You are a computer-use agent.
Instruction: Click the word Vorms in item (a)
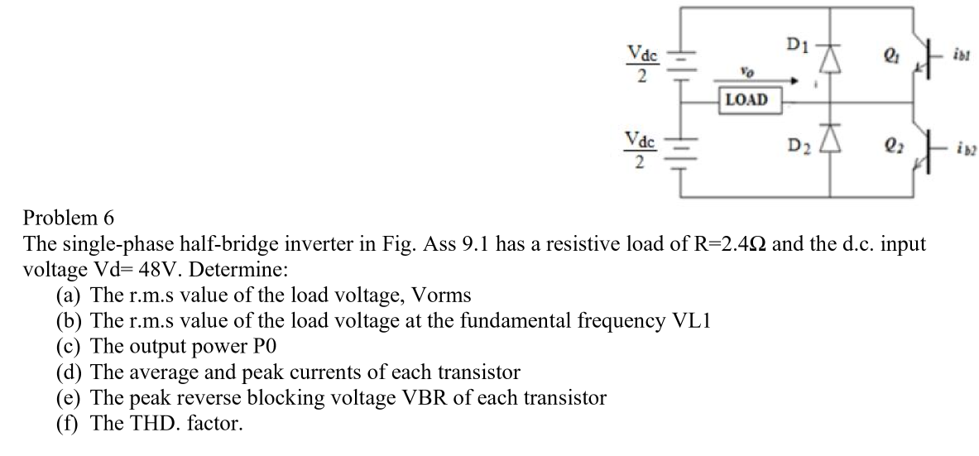tap(442, 295)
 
